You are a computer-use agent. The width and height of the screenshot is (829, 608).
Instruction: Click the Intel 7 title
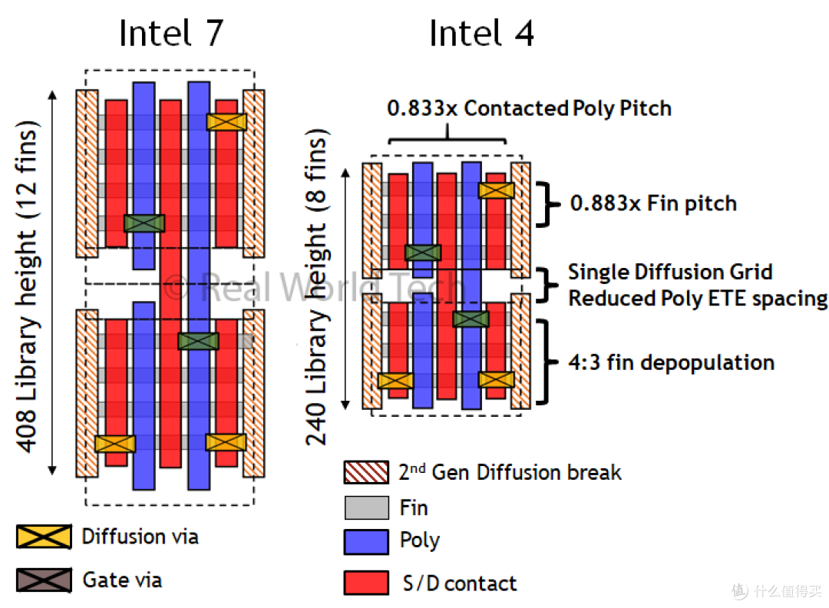171,33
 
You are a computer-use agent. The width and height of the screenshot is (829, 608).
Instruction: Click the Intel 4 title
481,33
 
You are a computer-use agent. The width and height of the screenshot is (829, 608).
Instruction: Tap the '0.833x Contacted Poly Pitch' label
529,107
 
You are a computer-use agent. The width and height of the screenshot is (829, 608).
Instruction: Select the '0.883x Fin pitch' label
653,203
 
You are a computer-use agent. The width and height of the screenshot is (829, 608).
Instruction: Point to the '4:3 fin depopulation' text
672,362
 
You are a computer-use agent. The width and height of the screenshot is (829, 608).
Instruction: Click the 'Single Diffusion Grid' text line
670,272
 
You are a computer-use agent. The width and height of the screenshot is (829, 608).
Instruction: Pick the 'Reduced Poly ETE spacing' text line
698,299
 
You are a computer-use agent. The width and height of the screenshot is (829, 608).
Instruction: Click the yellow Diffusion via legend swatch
44,537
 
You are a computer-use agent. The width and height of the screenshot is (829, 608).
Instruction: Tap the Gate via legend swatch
44,580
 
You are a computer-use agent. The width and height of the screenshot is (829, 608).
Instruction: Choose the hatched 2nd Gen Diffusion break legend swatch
366,472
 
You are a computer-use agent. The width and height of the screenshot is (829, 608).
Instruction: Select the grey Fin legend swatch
366,507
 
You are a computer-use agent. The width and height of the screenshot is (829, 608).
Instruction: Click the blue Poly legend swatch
366,542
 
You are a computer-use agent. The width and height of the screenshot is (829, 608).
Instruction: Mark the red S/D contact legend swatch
366,583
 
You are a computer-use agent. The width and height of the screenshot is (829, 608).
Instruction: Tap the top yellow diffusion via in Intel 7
226,122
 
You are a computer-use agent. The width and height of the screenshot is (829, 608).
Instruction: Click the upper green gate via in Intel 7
144,223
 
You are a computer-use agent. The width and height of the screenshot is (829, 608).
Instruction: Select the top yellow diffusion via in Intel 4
497,190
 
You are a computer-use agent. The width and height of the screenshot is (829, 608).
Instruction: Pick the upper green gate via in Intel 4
423,253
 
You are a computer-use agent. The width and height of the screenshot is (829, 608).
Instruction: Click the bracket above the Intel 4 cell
448,138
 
